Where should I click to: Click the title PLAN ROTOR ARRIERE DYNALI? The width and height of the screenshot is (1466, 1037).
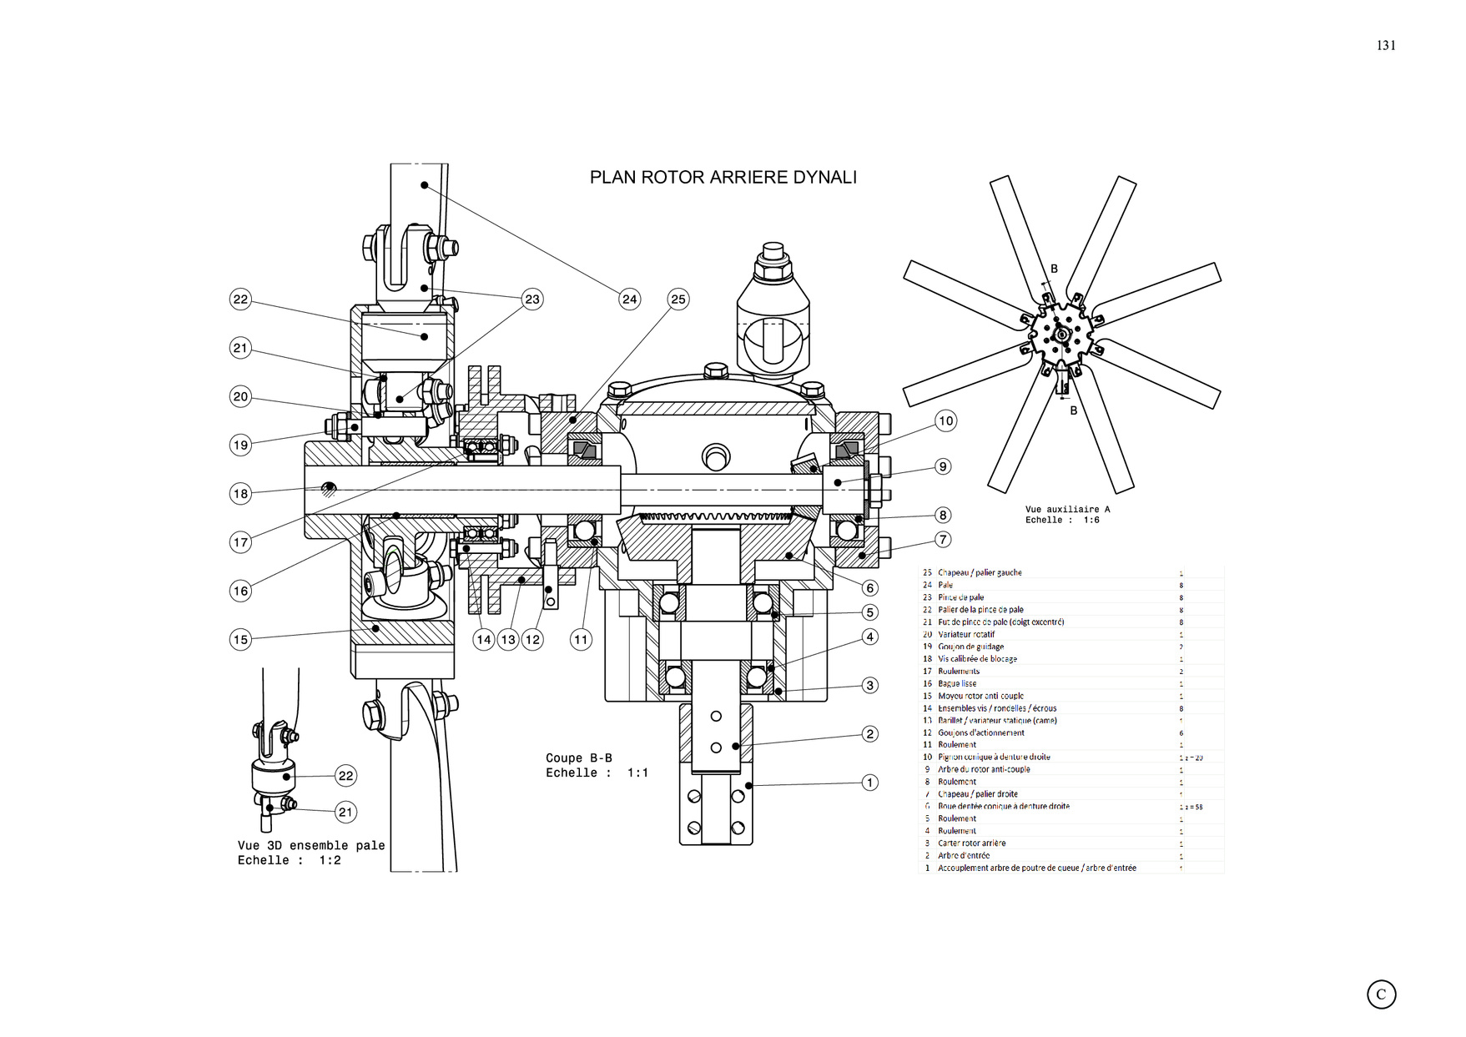pyautogui.click(x=723, y=177)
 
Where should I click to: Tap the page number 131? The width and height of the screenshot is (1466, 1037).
pyautogui.click(x=1386, y=46)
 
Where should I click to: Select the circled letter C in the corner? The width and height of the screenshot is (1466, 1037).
pyautogui.click(x=1381, y=994)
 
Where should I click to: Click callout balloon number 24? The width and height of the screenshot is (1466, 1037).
pyautogui.click(x=629, y=300)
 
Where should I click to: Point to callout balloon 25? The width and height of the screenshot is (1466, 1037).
pyautogui.click(x=678, y=300)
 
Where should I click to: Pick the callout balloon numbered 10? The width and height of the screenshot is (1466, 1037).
pyautogui.click(x=945, y=420)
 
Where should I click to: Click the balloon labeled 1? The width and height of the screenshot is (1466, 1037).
pyautogui.click(x=869, y=783)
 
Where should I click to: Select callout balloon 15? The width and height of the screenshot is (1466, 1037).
pyautogui.click(x=240, y=640)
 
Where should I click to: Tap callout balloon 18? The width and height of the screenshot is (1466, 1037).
pyautogui.click(x=240, y=494)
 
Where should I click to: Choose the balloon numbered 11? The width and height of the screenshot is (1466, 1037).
pyautogui.click(x=581, y=640)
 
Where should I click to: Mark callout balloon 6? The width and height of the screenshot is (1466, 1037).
pyautogui.click(x=869, y=588)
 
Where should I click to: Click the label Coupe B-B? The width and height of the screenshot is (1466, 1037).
pyautogui.click(x=578, y=758)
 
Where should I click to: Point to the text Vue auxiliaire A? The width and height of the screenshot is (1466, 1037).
pyautogui.click(x=1067, y=509)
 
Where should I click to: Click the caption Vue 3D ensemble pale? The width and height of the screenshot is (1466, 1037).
pyautogui.click(x=310, y=845)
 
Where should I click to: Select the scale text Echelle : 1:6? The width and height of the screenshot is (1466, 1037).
pyautogui.click(x=1062, y=520)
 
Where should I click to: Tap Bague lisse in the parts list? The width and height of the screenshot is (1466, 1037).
pyautogui.click(x=957, y=683)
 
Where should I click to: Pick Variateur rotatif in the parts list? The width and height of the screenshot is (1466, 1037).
pyautogui.click(x=966, y=634)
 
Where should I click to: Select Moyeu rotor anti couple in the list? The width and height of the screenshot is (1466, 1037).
pyautogui.click(x=980, y=696)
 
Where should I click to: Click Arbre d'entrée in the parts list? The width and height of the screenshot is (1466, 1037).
pyautogui.click(x=964, y=855)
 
